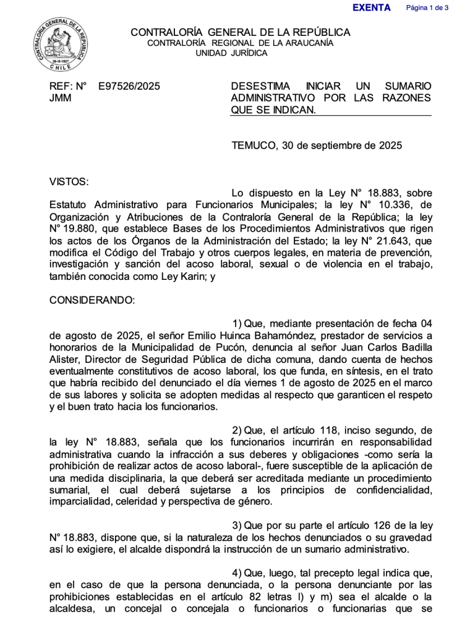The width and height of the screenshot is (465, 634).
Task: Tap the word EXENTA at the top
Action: pos(371,8)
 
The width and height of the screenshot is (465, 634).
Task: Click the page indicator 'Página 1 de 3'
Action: pos(427,8)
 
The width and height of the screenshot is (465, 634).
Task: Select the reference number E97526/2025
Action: pos(129,87)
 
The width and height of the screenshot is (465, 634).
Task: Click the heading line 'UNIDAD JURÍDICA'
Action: pos(231,53)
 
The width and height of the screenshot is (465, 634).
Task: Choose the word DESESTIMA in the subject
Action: pos(258,87)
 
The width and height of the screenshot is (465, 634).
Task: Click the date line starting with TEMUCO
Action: pos(317,146)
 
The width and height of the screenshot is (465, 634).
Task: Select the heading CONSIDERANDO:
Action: pos(92,300)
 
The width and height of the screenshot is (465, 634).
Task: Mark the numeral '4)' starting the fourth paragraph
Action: pos(237,572)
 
